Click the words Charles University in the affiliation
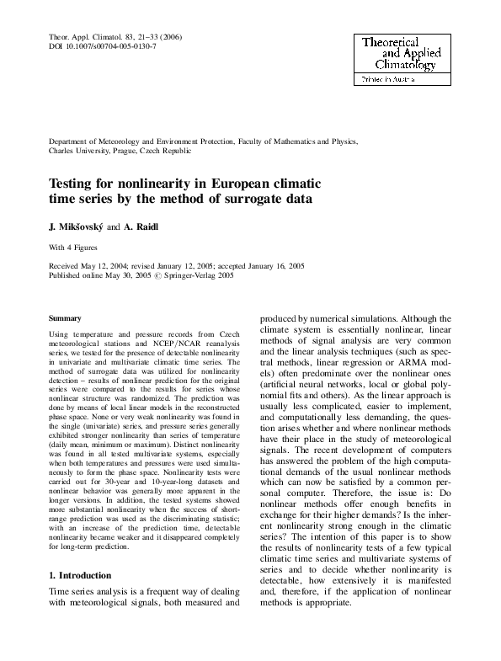[82, 151]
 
